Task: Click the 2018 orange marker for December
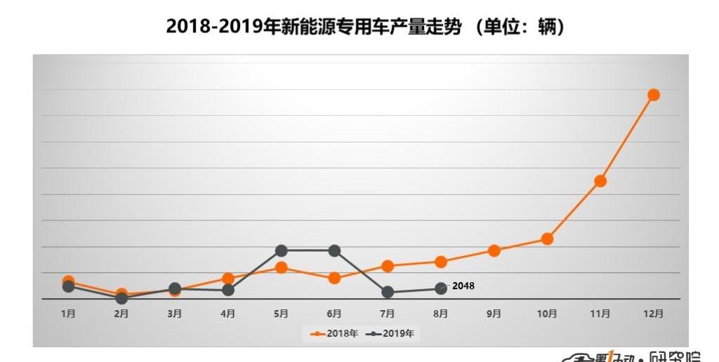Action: [x=653, y=95]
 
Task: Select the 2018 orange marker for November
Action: [x=600, y=181]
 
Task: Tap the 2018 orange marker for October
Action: [x=547, y=239]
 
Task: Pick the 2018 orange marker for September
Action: [x=494, y=250]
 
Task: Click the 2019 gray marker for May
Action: [x=282, y=250]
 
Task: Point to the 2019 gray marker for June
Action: [x=334, y=250]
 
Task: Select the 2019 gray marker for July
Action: [x=388, y=293]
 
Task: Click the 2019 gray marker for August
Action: [x=441, y=288]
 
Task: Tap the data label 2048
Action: [x=463, y=286]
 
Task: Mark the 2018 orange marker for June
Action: [x=334, y=278]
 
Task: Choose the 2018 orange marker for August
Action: [x=441, y=262]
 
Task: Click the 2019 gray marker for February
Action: [x=121, y=298]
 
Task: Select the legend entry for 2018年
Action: [x=334, y=333]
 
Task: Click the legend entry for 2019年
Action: [x=390, y=333]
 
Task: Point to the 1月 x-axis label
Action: [x=68, y=314]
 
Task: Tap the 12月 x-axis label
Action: [x=653, y=314]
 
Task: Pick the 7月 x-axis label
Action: [x=388, y=314]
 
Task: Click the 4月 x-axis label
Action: [x=227, y=314]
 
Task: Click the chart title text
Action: [x=366, y=27]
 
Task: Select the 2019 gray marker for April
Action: [x=227, y=290]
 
